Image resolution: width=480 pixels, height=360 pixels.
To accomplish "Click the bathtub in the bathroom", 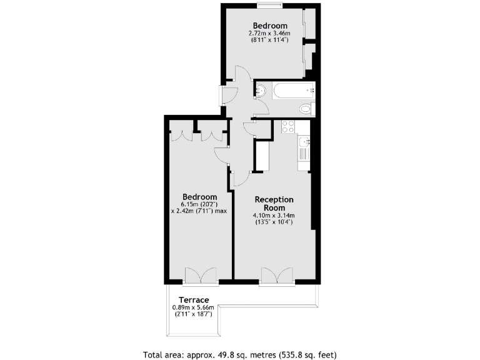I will pyautogui.click(x=288, y=91).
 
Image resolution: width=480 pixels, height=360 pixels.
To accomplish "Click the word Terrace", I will pyautogui.click(x=193, y=299).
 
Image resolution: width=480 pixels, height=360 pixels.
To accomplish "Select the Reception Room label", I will pyautogui.click(x=274, y=204).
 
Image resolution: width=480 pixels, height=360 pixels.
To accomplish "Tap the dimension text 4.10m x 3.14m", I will pyautogui.click(x=274, y=216).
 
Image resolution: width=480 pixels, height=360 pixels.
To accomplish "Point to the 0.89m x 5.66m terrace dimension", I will pyautogui.click(x=193, y=307).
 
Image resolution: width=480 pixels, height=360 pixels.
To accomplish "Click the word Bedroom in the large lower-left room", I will pyautogui.click(x=199, y=196).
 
